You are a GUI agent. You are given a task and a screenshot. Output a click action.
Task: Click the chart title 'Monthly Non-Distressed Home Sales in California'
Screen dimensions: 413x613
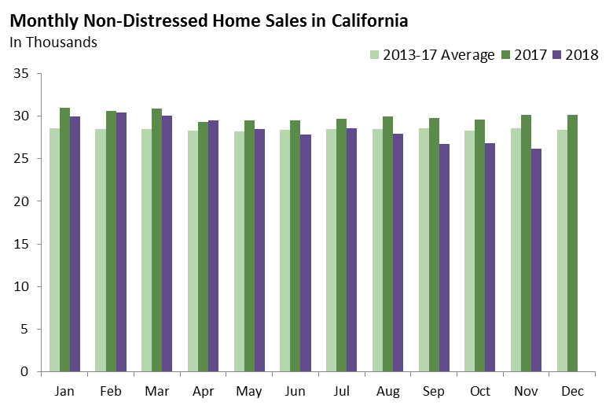(208, 18)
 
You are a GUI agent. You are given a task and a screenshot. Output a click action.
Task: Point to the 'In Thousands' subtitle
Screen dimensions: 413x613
(53, 42)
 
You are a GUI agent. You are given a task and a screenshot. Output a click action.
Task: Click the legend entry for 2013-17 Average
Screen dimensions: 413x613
(432, 55)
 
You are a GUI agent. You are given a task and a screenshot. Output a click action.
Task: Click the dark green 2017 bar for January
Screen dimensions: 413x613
(64, 239)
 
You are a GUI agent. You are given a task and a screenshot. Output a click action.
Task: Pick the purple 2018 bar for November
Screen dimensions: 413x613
(537, 260)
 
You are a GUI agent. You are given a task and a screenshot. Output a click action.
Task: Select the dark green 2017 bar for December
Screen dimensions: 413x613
(573, 243)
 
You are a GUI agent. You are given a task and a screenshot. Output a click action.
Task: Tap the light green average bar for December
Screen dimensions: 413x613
(562, 250)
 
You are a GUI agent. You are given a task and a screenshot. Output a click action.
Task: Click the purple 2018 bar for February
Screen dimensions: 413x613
(121, 242)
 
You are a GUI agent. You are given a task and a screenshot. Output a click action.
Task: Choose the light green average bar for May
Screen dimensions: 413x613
(239, 251)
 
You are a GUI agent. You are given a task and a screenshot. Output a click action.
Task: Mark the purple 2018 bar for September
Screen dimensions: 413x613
(445, 257)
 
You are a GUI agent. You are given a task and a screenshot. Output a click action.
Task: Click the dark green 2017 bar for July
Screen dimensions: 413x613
(342, 245)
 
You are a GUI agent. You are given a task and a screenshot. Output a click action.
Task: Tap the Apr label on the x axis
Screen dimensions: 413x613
(204, 391)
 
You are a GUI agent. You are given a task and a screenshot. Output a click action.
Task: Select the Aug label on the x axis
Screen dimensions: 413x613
(388, 391)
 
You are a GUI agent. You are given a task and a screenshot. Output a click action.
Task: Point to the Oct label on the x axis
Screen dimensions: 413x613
(480, 391)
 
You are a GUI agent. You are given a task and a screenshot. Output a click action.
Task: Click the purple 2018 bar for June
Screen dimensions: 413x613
(306, 253)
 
